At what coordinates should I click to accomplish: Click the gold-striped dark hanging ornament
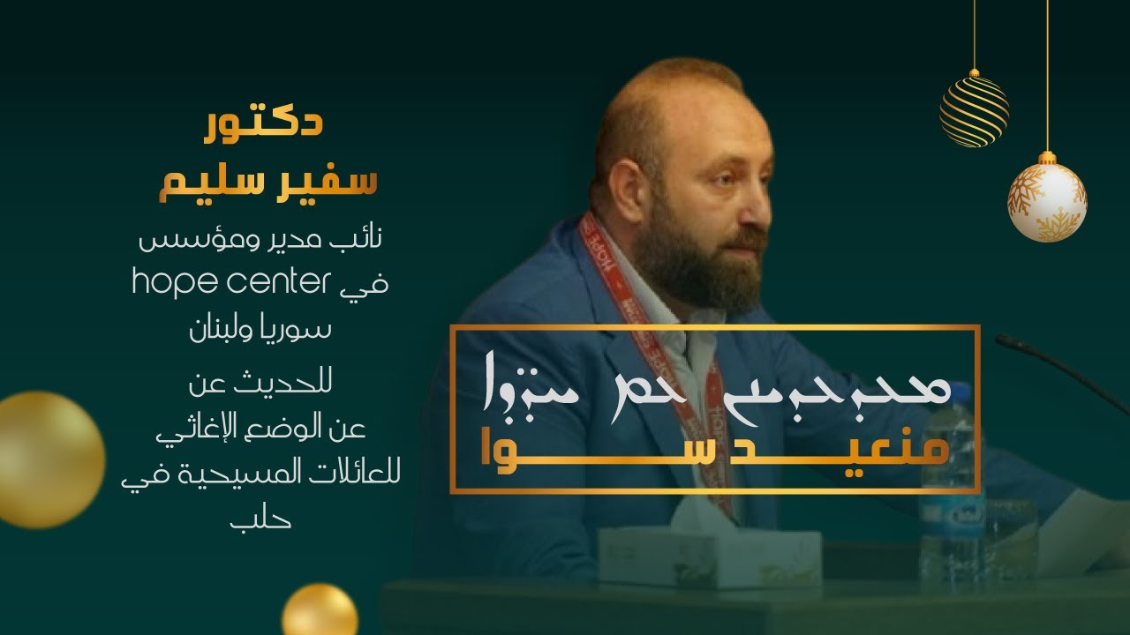[x=974, y=110]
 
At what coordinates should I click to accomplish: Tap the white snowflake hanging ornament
[x=1047, y=202]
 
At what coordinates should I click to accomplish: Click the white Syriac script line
[x=715, y=390]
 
